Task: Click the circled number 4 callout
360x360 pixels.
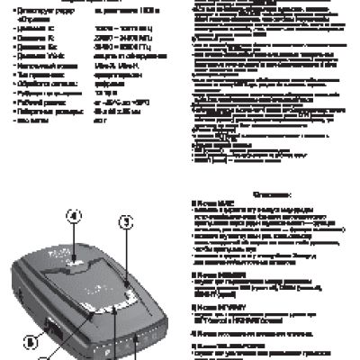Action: (x=76, y=216)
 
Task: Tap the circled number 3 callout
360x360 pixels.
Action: (x=127, y=220)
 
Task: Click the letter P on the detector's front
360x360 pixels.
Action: (x=133, y=340)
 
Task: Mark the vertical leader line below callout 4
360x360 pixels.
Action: (x=76, y=238)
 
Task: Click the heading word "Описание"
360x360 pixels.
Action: (x=269, y=193)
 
